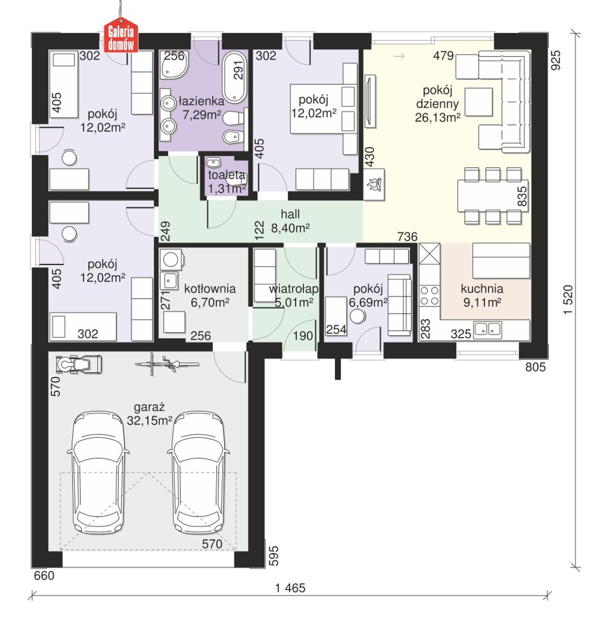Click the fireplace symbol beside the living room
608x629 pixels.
[x=374, y=185]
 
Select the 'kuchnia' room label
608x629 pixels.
[x=482, y=289]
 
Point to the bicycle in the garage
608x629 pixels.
[x=167, y=364]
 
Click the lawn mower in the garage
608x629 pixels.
[x=78, y=365]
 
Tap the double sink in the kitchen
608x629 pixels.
[x=488, y=330]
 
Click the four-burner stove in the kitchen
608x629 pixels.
[x=429, y=295]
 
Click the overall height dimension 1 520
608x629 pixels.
[x=568, y=299]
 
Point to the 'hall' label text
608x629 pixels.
[x=290, y=214]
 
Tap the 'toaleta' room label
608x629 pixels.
[x=226, y=175]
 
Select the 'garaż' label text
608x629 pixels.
[x=150, y=407]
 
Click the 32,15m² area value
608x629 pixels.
[x=150, y=421]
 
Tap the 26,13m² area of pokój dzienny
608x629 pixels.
[x=437, y=117]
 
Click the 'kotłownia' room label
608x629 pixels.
[x=210, y=289]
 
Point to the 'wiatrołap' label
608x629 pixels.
[x=294, y=289]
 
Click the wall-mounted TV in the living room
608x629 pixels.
[x=370, y=101]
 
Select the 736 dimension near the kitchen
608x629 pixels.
[x=407, y=236]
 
